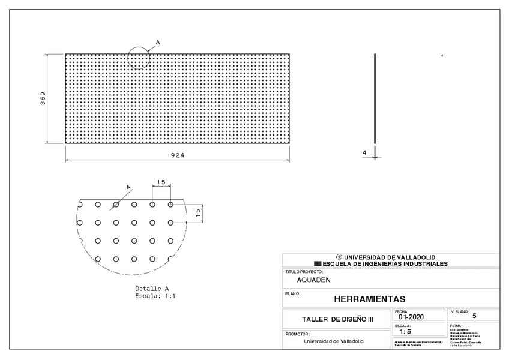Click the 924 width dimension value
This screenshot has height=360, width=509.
pyautogui.click(x=177, y=155)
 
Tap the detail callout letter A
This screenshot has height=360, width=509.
pyautogui.click(x=158, y=42)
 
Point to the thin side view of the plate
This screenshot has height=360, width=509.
pyautogui.click(x=375, y=98)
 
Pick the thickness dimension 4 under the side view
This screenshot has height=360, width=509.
pyautogui.click(x=364, y=153)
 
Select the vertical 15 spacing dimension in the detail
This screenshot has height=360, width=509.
pyautogui.click(x=198, y=213)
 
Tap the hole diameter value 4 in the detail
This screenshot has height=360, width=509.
pyautogui.click(x=128, y=188)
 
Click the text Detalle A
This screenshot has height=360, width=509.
pyautogui.click(x=152, y=289)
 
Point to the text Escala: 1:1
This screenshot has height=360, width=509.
pyautogui.click(x=155, y=296)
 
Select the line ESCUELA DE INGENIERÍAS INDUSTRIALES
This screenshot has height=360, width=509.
pyautogui.click(x=385, y=263)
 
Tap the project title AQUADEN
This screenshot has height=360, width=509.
pyautogui.click(x=313, y=280)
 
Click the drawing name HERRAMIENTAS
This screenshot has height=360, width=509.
pyautogui.click(x=369, y=299)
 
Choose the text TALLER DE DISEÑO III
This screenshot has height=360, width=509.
pyautogui.click(x=337, y=320)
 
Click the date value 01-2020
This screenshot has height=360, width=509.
pyautogui.click(x=411, y=317)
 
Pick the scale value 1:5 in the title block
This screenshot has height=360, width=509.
pyautogui.click(x=405, y=331)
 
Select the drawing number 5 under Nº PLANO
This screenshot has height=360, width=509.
pyautogui.click(x=474, y=315)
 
